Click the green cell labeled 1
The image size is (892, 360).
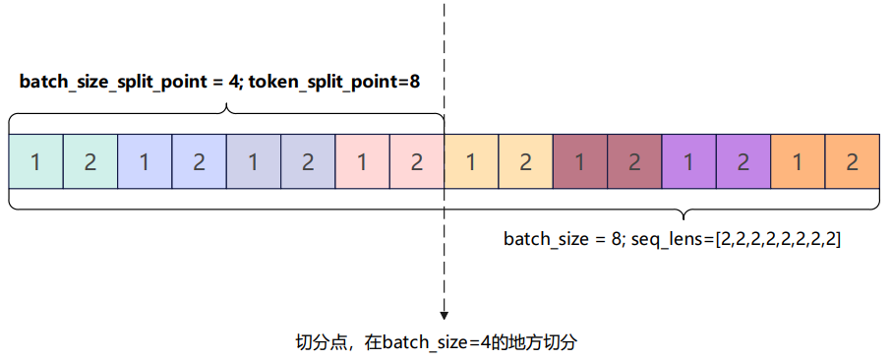coord(35,161)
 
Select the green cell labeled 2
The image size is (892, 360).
coord(90,161)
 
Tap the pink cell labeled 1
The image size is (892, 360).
coord(362,161)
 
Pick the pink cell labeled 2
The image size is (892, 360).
coord(416,161)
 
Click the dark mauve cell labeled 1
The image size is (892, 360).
coord(579,161)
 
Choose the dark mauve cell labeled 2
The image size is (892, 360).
coord(634,161)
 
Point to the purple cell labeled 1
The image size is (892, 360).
coord(688,161)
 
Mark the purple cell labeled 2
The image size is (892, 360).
coord(743,161)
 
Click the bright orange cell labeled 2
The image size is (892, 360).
coord(852,161)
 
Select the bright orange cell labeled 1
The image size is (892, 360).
coord(798,161)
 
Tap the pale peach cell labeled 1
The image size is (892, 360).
coord(471,161)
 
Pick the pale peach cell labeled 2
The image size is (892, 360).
coord(525,161)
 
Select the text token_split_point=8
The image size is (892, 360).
coord(334,82)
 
